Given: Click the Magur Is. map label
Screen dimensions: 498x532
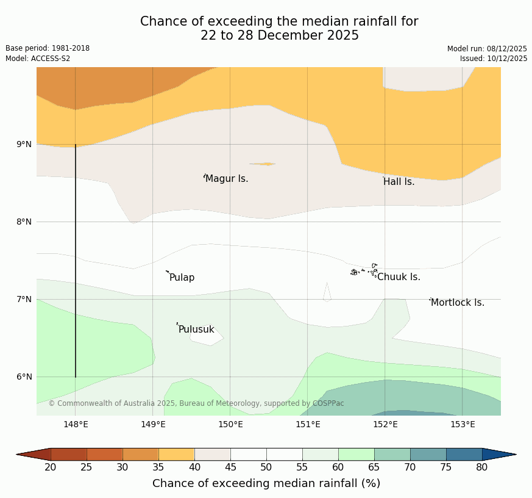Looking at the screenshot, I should click(227, 179).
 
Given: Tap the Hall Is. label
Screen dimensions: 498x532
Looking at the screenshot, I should click(399, 182).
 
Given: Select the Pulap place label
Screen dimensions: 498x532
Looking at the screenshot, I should click(182, 278).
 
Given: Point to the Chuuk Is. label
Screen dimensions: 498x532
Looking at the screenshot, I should click(399, 277).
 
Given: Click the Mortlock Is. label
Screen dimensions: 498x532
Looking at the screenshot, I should click(457, 303).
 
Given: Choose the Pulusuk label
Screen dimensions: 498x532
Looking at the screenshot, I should click(196, 330).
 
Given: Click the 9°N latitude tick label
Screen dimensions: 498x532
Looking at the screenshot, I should click(24, 145).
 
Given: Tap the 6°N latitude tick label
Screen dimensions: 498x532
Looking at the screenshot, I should click(24, 377).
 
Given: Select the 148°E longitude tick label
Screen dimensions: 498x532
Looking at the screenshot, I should click(76, 425).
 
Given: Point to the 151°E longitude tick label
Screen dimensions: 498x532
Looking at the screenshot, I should click(308, 425).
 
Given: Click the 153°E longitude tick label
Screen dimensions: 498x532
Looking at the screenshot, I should click(463, 425).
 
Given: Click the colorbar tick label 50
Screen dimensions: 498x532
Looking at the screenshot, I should click(266, 467).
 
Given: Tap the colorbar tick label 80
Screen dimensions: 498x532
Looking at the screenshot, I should click(481, 467).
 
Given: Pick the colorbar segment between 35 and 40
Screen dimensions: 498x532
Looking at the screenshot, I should click(177, 454).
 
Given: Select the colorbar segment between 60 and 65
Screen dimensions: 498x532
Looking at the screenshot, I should click(356, 454).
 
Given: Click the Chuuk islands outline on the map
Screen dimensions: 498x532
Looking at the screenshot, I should click(364, 270).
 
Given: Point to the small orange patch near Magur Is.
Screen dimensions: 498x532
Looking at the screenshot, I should click(263, 164).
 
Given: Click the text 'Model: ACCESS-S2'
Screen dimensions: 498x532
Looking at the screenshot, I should click(38, 59).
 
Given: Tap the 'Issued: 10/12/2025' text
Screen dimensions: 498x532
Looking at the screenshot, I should click(494, 59).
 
